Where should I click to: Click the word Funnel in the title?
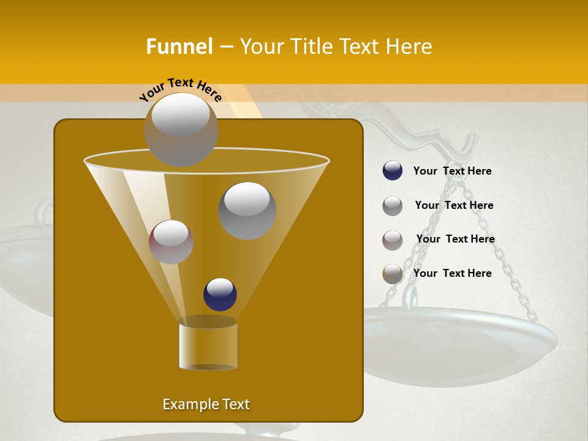(179, 47)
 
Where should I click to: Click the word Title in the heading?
(311, 47)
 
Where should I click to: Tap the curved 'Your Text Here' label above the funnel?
(181, 89)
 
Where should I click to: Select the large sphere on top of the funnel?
(181, 129)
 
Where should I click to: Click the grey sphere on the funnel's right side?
(247, 211)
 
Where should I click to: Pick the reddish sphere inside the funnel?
(171, 241)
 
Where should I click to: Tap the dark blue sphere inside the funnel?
(220, 294)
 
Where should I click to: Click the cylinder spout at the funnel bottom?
(208, 344)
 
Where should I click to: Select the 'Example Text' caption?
(206, 404)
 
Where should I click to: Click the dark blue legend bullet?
(393, 171)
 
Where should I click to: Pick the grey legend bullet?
(393, 205)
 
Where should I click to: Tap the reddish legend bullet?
(393, 239)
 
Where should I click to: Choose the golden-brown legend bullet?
(393, 274)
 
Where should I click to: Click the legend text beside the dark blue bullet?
(452, 171)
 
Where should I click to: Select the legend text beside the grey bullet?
(454, 205)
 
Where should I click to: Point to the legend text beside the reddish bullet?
(455, 239)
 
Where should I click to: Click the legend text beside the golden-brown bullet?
(452, 273)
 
